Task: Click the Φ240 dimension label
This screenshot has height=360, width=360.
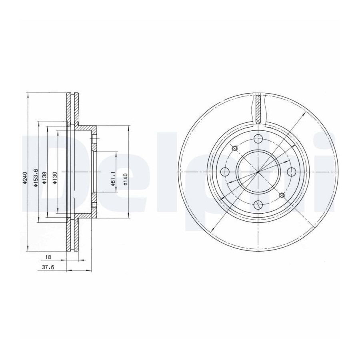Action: pyautogui.click(x=24, y=178)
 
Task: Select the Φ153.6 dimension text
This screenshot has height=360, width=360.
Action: pyautogui.click(x=36, y=177)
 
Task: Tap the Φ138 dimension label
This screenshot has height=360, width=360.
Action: pyautogui.click(x=44, y=178)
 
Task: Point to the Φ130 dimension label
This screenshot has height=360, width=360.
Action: pyautogui.click(x=55, y=178)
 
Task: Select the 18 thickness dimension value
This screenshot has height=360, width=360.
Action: pyautogui.click(x=48, y=257)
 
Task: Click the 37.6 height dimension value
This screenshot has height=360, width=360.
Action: pyautogui.click(x=48, y=267)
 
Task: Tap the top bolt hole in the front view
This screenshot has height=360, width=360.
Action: pyautogui.click(x=258, y=139)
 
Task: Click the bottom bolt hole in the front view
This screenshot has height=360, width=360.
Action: pyautogui.click(x=258, y=204)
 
